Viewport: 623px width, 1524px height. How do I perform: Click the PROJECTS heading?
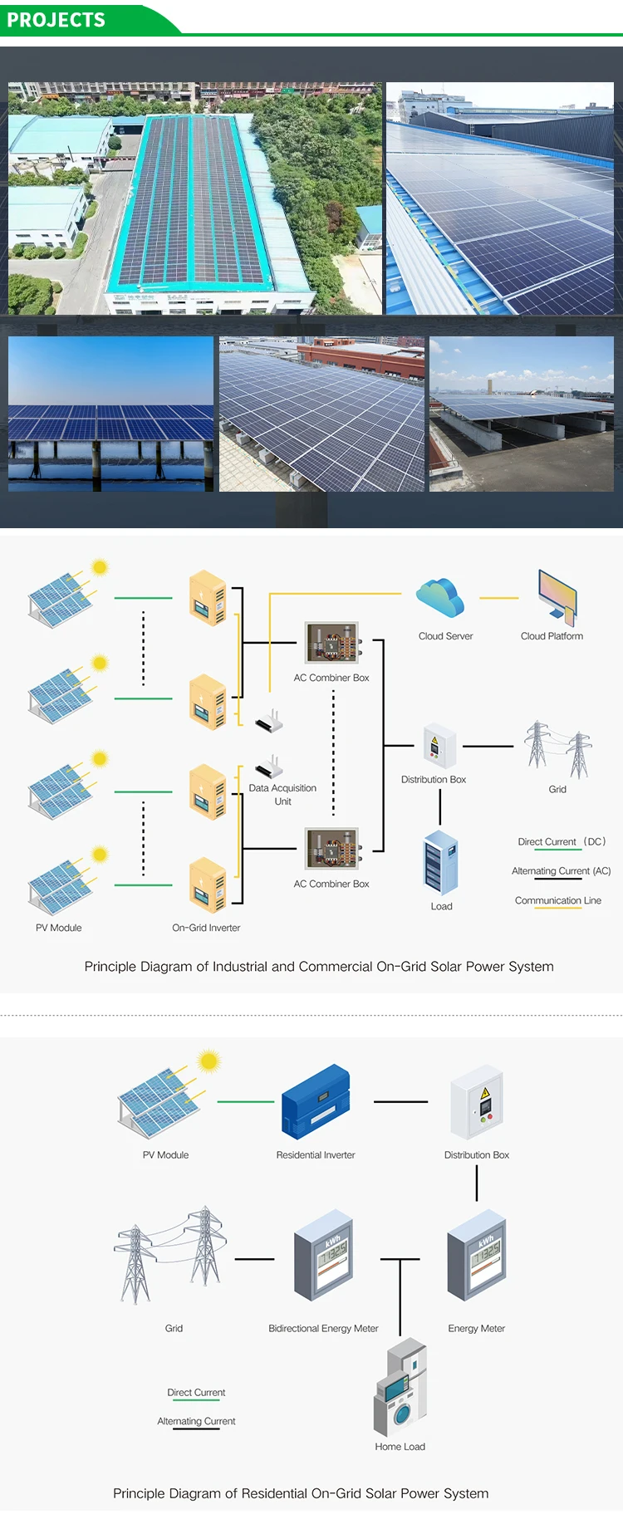point(56,20)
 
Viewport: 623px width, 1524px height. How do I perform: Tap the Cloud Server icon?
point(440,598)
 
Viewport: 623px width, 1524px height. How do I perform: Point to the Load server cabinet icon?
point(441,863)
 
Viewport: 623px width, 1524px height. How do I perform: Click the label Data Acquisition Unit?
point(282,795)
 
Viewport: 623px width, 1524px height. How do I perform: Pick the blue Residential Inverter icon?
point(316,1101)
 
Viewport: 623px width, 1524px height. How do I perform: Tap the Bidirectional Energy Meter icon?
point(323,1255)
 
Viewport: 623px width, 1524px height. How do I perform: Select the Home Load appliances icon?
point(400,1388)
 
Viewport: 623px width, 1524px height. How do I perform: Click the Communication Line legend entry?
point(557,900)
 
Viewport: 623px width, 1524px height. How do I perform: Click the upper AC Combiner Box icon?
point(331,643)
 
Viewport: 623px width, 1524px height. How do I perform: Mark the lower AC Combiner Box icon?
point(331,849)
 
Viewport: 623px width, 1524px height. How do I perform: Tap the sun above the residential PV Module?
point(208,1061)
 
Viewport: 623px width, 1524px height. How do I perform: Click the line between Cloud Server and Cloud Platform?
point(498,598)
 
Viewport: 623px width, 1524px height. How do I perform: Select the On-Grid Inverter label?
point(206,928)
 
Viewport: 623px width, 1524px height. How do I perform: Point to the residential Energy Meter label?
point(476,1328)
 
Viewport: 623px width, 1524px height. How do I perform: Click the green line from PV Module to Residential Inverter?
point(246,1102)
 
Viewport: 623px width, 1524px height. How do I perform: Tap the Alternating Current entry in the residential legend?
point(196,1421)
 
